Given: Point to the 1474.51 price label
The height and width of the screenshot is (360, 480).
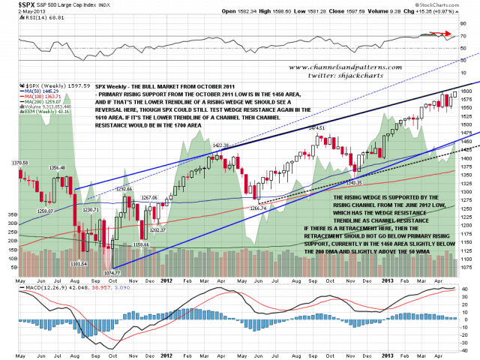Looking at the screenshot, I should click(x=314, y=128).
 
